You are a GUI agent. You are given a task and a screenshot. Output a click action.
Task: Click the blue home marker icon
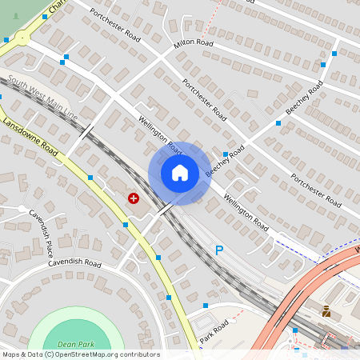tap(180, 173)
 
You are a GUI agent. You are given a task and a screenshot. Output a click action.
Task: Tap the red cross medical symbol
tap(133, 197)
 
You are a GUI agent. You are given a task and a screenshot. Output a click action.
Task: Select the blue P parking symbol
tap(219, 250)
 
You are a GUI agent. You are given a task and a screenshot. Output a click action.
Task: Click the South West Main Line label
tap(44, 98)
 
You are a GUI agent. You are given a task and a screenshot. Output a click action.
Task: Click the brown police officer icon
tap(326, 311)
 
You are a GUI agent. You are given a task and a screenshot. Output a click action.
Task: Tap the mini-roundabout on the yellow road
tap(20, 36)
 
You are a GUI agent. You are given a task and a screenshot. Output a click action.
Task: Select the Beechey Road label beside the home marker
tap(218, 162)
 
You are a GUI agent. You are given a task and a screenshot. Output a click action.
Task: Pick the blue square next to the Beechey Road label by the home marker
tap(226, 154)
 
